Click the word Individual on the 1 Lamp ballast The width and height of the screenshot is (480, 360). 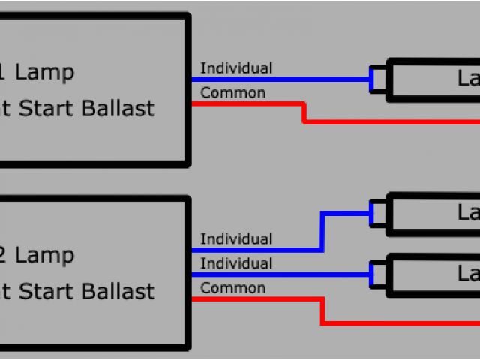[236, 68]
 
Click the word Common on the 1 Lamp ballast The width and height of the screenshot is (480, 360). [232, 93]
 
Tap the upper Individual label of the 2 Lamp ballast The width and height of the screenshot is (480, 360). [236, 239]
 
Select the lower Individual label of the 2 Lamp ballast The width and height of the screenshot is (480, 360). [236, 263]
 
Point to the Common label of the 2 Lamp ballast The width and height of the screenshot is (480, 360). [232, 288]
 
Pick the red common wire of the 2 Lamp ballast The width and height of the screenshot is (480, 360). [255, 298]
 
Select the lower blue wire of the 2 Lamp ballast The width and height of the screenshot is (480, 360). [285, 274]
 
